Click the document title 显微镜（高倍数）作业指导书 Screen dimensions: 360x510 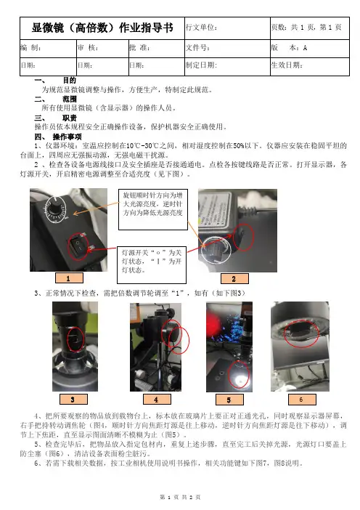(102, 28)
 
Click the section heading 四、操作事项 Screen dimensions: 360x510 (58, 137)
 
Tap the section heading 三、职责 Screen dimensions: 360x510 (56, 118)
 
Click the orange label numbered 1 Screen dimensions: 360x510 (69, 278)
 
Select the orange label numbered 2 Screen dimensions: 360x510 (234, 278)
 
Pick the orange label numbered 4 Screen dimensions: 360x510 (157, 399)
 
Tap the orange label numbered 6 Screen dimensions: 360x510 (302, 399)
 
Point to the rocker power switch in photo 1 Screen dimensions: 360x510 (78, 246)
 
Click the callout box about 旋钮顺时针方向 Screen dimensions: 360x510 (153, 209)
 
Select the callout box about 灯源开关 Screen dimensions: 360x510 (152, 264)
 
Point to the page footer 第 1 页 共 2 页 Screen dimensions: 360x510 (180, 497)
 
